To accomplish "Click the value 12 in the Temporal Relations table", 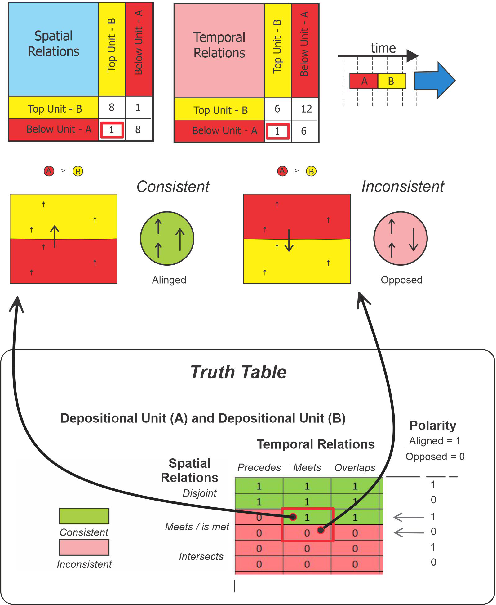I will click(x=306, y=109).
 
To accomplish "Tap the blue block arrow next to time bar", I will click(x=434, y=80).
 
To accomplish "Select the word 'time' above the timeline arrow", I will click(x=383, y=48).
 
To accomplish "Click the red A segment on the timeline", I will click(x=364, y=81).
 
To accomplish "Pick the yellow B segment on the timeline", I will click(x=391, y=81).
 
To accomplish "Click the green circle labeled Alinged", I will click(x=167, y=238).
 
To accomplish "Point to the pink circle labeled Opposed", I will click(x=401, y=238).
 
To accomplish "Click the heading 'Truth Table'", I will click(x=238, y=372).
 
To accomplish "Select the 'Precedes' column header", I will click(x=259, y=467).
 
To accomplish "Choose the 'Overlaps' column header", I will click(x=355, y=467).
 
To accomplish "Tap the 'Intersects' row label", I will click(x=201, y=557).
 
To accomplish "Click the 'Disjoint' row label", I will click(x=199, y=493).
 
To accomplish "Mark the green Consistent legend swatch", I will click(x=84, y=516).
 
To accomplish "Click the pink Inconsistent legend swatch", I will click(x=84, y=547).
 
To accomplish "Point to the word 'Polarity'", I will click(x=433, y=426).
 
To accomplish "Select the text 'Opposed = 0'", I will click(x=435, y=457).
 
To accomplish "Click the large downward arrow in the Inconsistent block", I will click(x=289, y=240).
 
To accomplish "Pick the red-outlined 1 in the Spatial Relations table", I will click(x=112, y=130).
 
